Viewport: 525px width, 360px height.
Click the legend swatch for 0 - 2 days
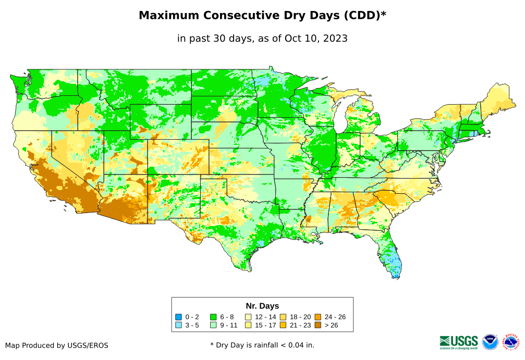coord(179,317)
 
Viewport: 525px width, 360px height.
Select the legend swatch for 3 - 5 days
coord(179,325)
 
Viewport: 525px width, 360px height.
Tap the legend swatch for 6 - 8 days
coord(213,317)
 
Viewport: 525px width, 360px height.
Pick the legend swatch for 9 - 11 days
coord(213,325)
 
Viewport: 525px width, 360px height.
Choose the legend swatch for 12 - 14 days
coord(248,317)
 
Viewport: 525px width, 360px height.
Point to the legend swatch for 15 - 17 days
coord(248,325)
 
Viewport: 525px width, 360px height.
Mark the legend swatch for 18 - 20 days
coord(283,317)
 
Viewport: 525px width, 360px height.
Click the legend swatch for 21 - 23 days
coord(283,325)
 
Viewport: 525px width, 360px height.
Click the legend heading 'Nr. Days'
coord(262,306)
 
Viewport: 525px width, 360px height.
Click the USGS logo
coord(459,341)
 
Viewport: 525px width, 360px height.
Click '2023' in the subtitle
coord(334,39)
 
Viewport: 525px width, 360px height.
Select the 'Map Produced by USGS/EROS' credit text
coord(57,345)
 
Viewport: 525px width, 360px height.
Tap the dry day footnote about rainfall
coord(262,345)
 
